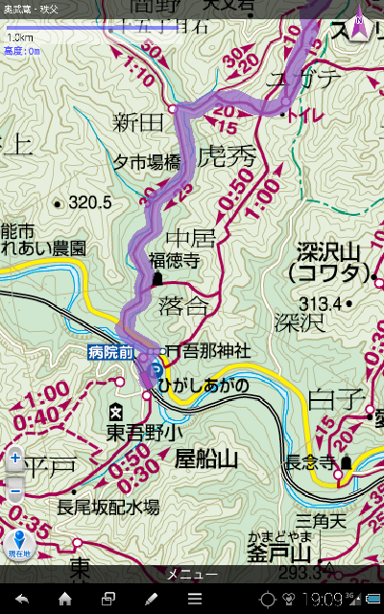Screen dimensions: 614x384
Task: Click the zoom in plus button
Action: click(15, 459)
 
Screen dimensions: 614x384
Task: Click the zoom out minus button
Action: click(15, 492)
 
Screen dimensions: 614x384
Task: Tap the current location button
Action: click(19, 544)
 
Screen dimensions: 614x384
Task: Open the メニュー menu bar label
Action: click(192, 574)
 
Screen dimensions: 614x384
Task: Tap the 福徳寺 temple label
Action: click(173, 259)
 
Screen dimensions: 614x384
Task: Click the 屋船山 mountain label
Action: click(205, 460)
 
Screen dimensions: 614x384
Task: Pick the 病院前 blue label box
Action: click(108, 353)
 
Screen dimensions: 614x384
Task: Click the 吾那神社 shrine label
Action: click(214, 352)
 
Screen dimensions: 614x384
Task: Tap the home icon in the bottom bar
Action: click(65, 600)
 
